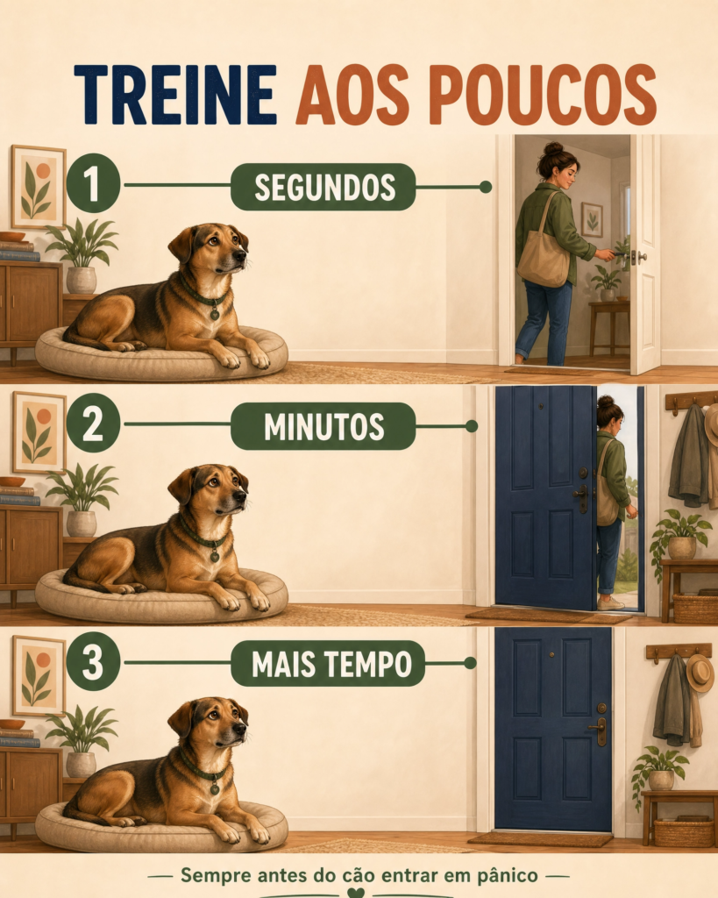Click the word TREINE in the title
tap(175, 95)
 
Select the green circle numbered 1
tap(93, 184)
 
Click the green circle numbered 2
tap(93, 424)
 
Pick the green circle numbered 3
tap(93, 662)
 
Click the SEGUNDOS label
tap(323, 187)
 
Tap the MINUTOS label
tap(323, 426)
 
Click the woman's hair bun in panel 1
tap(554, 149)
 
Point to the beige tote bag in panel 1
tap(544, 259)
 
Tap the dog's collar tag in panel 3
tap(215, 788)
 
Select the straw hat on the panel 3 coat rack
tap(700, 673)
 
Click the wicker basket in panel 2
tap(695, 609)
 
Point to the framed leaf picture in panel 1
tap(39, 187)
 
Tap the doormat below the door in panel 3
tap(540, 839)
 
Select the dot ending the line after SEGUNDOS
tap(486, 187)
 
